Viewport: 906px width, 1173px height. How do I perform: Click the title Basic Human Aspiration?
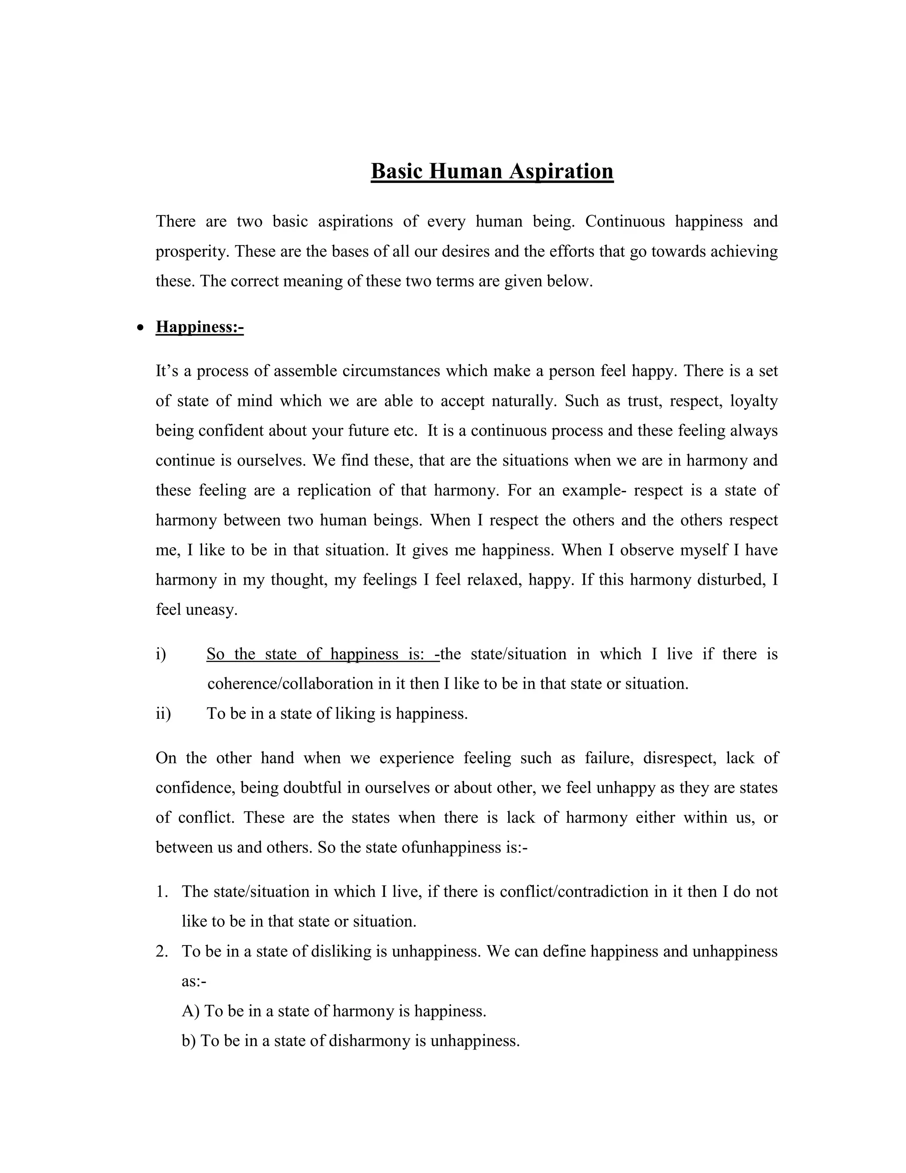pyautogui.click(x=491, y=171)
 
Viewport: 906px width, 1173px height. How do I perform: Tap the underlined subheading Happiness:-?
pyautogui.click(x=200, y=327)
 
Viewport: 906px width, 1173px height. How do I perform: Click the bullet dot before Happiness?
pyautogui.click(x=141, y=328)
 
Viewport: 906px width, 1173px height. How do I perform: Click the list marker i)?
pyautogui.click(x=161, y=654)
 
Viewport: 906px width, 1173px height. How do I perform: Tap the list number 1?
pyautogui.click(x=161, y=891)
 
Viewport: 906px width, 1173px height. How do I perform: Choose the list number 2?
pyautogui.click(x=161, y=951)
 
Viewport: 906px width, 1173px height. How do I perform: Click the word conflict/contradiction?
pyautogui.click(x=574, y=891)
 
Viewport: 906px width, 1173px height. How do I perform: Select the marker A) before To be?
pyautogui.click(x=191, y=1011)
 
